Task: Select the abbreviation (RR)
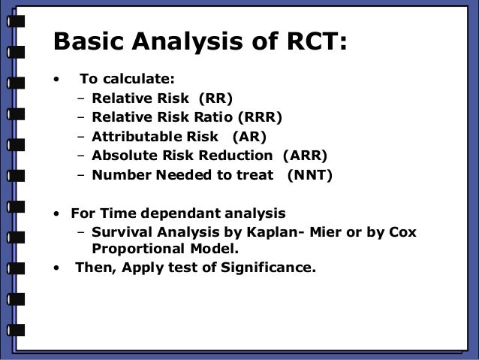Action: tap(215, 98)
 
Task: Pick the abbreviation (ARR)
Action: tap(305, 156)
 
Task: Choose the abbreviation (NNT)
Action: tap(309, 176)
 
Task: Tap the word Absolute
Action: tap(124, 156)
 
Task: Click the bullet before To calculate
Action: tap(55, 79)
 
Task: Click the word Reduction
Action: tap(238, 156)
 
